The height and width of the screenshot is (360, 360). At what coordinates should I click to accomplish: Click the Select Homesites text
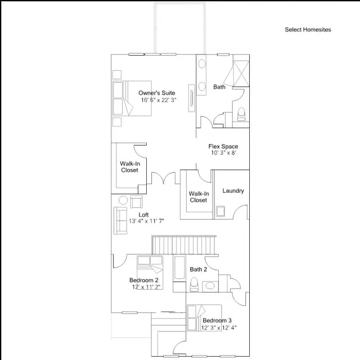point(308,30)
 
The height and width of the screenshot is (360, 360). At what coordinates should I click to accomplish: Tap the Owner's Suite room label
point(157,93)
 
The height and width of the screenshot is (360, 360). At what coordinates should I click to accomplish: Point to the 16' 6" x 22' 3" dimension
point(159,100)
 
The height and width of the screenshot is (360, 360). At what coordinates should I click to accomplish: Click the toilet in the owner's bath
point(241,114)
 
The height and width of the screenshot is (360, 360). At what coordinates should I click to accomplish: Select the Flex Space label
point(223,146)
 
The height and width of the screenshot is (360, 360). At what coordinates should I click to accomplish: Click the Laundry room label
point(233,191)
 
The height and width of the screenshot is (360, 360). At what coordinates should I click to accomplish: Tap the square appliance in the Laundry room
point(220,211)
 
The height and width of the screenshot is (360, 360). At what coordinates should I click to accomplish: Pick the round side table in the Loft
point(123,200)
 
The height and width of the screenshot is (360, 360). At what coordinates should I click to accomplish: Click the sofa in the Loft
point(120,220)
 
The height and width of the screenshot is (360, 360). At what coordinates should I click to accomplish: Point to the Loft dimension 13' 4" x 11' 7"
point(146,221)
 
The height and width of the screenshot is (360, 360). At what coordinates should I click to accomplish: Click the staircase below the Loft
point(184,245)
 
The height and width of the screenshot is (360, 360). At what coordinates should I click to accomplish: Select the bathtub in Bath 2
point(179,268)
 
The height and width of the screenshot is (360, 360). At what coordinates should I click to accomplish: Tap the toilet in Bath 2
point(194,284)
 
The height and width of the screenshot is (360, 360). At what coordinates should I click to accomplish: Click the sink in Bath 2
point(210,286)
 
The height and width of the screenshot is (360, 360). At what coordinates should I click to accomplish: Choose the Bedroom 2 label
point(144,280)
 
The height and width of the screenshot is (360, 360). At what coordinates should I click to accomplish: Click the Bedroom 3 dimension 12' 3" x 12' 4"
point(219,327)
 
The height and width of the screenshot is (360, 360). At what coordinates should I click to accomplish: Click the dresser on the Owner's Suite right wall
point(191,98)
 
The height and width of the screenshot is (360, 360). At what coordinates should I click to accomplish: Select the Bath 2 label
point(199,269)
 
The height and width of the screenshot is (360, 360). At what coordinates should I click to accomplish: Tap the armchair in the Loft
point(136,202)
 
